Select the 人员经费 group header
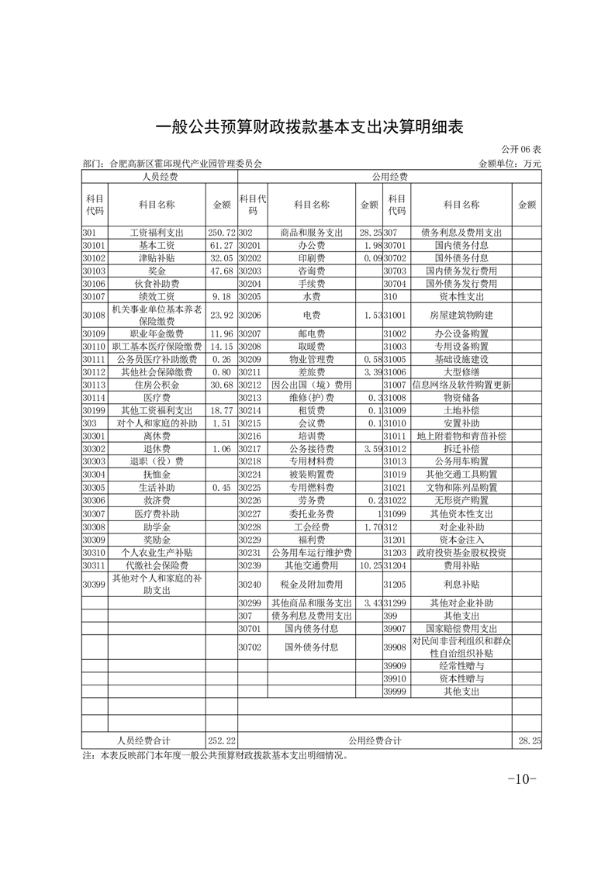coord(159,177)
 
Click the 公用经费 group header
coord(389,177)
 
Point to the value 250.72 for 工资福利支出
coord(221,233)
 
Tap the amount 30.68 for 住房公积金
coord(221,385)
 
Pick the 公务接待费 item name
coord(311,448)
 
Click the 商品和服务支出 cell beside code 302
coord(311,233)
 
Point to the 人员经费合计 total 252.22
coord(221,741)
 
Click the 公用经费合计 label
coord(375,741)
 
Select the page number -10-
coord(521,779)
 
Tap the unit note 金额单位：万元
coord(510,164)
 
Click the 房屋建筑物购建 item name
coord(461,316)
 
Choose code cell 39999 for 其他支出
coord(395,691)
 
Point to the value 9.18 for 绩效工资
coord(221,295)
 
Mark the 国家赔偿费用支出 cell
coord(461,628)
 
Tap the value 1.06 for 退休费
coord(221,448)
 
